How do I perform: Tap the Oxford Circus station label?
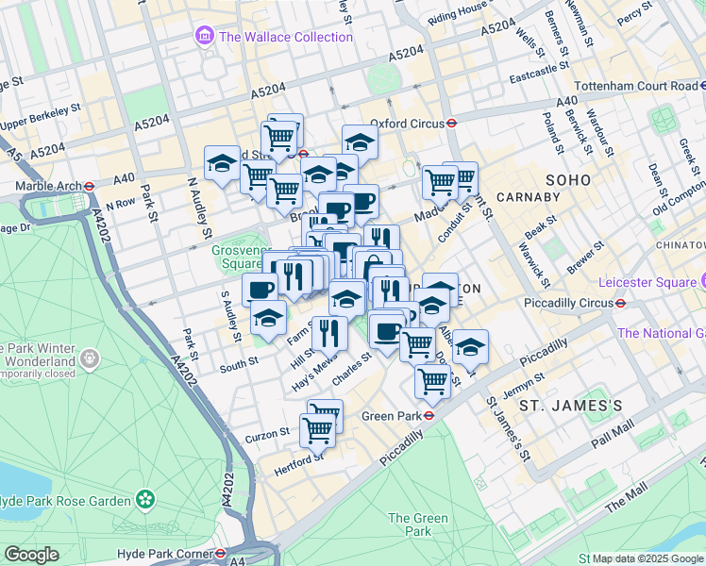click(406, 123)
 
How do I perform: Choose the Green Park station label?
click(390, 414)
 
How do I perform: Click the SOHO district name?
click(567, 179)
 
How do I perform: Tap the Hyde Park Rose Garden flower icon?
click(144, 498)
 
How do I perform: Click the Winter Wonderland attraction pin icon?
click(90, 358)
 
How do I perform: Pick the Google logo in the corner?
click(31, 555)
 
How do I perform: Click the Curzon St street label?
click(268, 433)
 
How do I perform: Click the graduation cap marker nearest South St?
click(268, 319)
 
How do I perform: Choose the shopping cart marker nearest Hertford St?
click(317, 430)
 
